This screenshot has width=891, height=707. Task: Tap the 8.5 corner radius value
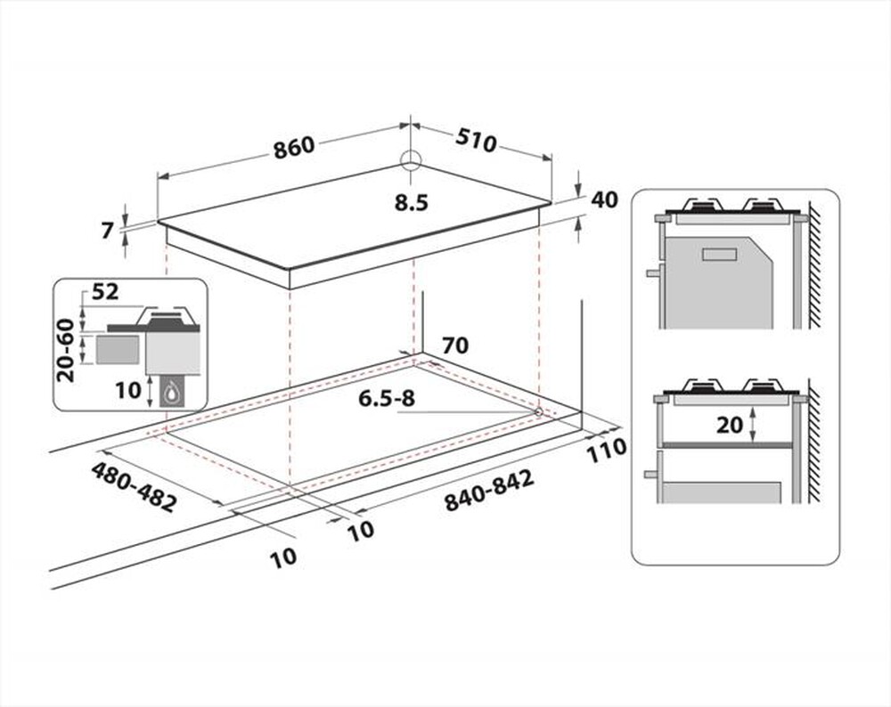point(412,203)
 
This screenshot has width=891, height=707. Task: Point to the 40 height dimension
point(604,199)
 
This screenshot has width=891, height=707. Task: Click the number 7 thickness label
point(108,231)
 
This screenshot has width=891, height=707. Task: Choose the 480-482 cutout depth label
point(134,485)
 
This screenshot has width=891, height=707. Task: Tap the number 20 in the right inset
point(730,425)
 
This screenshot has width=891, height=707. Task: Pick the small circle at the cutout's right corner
point(539,410)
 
